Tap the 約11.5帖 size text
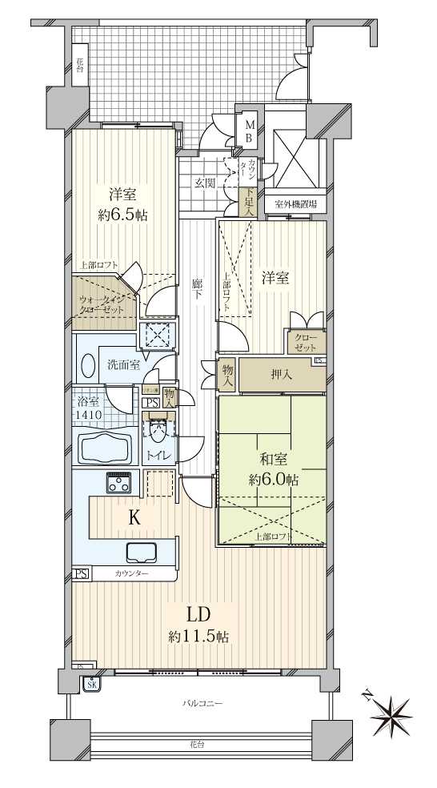198,637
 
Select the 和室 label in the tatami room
273,460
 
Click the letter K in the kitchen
135,518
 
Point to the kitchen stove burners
120,483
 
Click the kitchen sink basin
141,553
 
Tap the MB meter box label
249,131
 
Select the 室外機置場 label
295,204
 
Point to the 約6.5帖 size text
122,215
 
